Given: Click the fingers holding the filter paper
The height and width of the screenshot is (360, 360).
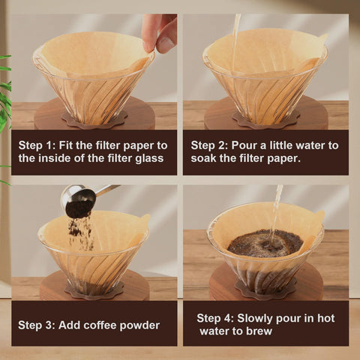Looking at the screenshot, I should [160, 31].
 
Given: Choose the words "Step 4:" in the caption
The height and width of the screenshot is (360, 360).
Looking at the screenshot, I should [217, 317].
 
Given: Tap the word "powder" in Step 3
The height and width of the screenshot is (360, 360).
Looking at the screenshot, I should [137, 325].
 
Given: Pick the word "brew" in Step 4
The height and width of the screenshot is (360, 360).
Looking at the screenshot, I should [257, 331].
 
